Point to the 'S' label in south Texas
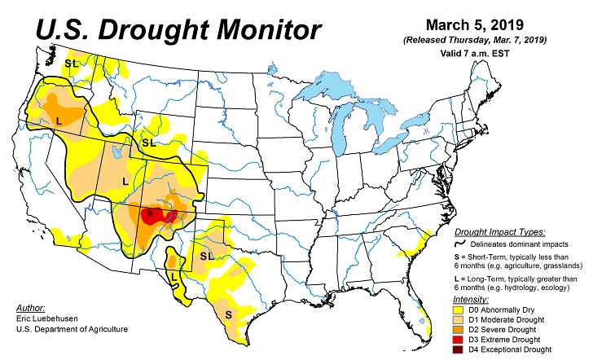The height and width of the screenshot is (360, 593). click(228, 314)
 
